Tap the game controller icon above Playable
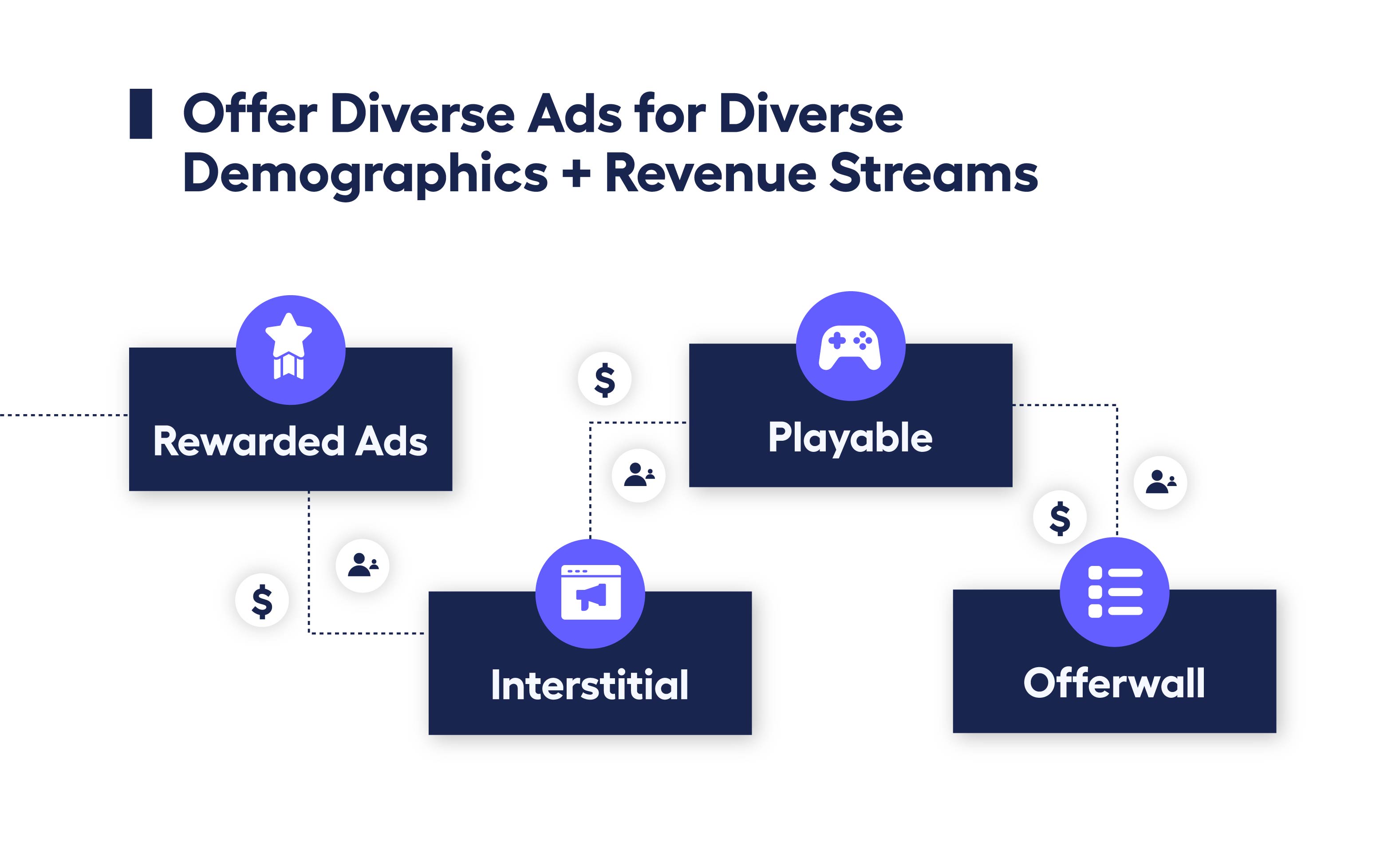[850, 347]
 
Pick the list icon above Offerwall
[1115, 592]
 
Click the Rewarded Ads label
[290, 441]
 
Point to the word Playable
[850, 438]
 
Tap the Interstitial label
[590, 685]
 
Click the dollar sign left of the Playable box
[604, 379]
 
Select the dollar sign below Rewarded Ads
[262, 601]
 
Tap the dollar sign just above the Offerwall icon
[1060, 518]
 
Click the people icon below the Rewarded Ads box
[363, 565]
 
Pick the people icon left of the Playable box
[639, 475]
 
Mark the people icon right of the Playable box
[1160, 482]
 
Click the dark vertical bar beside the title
[141, 114]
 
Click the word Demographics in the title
[365, 174]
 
